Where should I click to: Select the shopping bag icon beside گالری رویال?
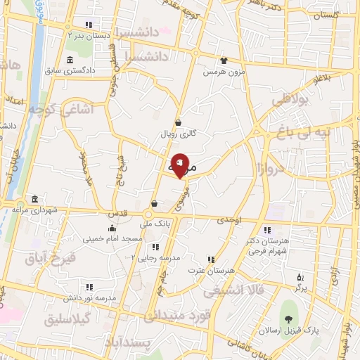tap(179, 122)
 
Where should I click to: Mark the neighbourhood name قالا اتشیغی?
tap(236, 289)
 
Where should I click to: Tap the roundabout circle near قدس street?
tap(149, 214)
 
